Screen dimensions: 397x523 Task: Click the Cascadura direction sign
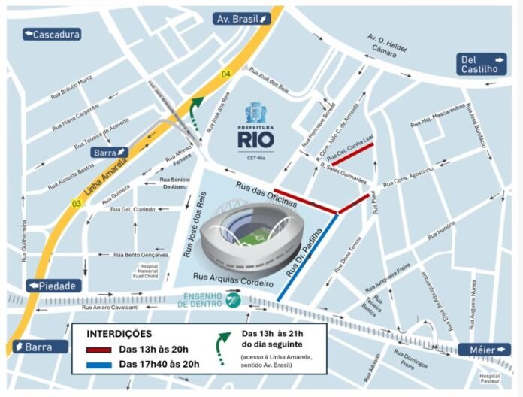[x=52, y=34]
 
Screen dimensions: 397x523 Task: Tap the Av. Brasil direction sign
[x=241, y=18]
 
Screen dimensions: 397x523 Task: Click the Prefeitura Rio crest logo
[x=255, y=114]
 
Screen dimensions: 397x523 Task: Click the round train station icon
[x=233, y=301]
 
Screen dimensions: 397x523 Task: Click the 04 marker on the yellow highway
[x=225, y=74]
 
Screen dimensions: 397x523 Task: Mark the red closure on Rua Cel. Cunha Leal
[x=352, y=154]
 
